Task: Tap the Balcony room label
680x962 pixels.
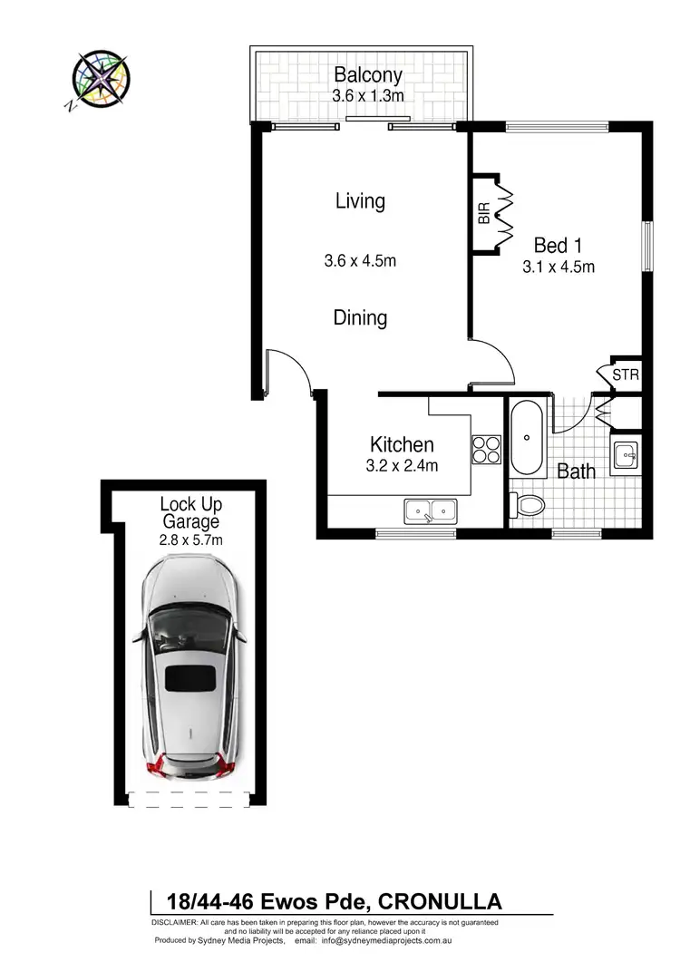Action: click(x=367, y=74)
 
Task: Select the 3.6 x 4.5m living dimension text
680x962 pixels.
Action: click(x=361, y=261)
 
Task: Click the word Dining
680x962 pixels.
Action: click(x=360, y=318)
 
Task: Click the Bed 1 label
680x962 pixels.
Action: click(x=558, y=245)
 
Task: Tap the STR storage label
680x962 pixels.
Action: click(x=625, y=374)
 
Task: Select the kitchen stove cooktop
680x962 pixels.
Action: click(x=486, y=450)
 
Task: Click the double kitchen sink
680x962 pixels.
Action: click(x=431, y=511)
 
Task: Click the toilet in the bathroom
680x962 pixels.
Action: click(x=528, y=504)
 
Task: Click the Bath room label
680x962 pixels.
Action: click(x=576, y=471)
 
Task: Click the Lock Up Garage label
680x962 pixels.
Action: click(x=190, y=513)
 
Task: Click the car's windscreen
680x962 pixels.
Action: click(x=189, y=627)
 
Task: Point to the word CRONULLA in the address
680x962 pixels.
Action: click(x=439, y=901)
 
